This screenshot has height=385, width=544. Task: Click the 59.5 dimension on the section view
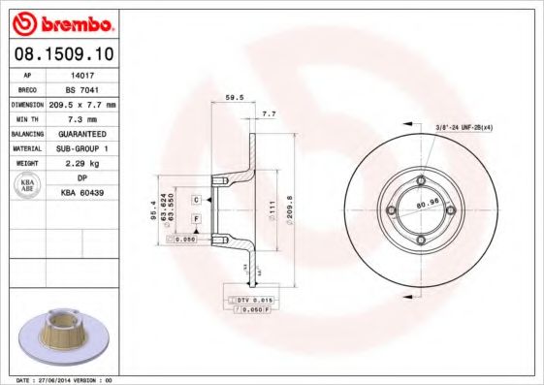[x=233, y=97]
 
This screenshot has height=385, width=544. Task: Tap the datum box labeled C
[x=196, y=199]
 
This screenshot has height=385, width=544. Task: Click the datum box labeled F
[x=196, y=220]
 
